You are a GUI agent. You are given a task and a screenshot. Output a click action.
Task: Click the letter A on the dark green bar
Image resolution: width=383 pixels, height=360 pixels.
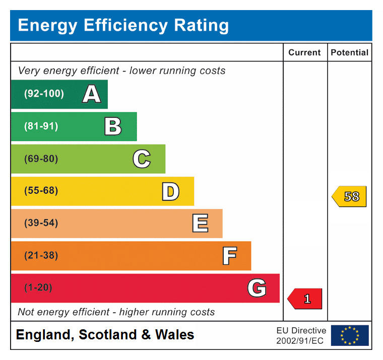pyautogui.click(x=91, y=94)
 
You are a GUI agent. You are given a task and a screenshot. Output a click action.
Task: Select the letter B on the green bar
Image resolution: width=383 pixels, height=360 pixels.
pyautogui.click(x=113, y=126)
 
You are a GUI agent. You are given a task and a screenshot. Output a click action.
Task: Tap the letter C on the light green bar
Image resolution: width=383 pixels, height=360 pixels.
pyautogui.click(x=142, y=159)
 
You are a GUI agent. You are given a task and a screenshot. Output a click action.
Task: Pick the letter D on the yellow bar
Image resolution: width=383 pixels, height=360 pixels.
pyautogui.click(x=170, y=191)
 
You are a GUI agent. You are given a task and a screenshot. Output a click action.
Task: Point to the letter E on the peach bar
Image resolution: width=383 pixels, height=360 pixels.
pyautogui.click(x=200, y=224)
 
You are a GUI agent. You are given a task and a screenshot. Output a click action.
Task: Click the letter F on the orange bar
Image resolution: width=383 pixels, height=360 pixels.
pyautogui.click(x=229, y=256)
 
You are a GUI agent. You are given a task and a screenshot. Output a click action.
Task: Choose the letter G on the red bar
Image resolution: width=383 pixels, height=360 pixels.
pyautogui.click(x=257, y=288)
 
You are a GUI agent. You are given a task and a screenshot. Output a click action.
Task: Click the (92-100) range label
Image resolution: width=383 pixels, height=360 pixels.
pyautogui.click(x=44, y=94)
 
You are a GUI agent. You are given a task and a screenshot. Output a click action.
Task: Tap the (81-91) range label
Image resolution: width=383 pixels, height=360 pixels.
pyautogui.click(x=41, y=126)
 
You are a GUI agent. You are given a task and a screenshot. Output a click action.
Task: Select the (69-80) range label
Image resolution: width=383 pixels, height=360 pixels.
pyautogui.click(x=41, y=159)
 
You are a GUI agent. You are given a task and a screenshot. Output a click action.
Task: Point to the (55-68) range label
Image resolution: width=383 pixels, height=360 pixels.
pyautogui.click(x=41, y=191)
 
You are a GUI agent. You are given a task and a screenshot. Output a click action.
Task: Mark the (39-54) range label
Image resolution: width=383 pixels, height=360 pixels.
pyautogui.click(x=41, y=223)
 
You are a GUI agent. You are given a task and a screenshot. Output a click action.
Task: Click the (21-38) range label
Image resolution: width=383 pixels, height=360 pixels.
pyautogui.click(x=41, y=255)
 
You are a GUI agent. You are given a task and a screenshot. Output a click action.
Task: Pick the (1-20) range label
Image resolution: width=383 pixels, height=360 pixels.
pyautogui.click(x=38, y=287)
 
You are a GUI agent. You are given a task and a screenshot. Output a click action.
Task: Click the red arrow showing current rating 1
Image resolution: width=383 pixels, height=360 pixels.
pyautogui.click(x=305, y=299)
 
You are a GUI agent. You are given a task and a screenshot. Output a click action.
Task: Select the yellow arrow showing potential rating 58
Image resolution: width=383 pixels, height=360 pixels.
pyautogui.click(x=349, y=196)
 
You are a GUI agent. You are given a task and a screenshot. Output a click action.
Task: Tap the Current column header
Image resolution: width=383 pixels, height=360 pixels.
pyautogui.click(x=304, y=52)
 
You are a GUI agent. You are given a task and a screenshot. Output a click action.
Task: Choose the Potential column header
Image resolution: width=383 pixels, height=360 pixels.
pyautogui.click(x=350, y=52)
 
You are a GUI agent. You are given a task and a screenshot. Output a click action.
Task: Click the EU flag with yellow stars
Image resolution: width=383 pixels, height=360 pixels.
pyautogui.click(x=350, y=335)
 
